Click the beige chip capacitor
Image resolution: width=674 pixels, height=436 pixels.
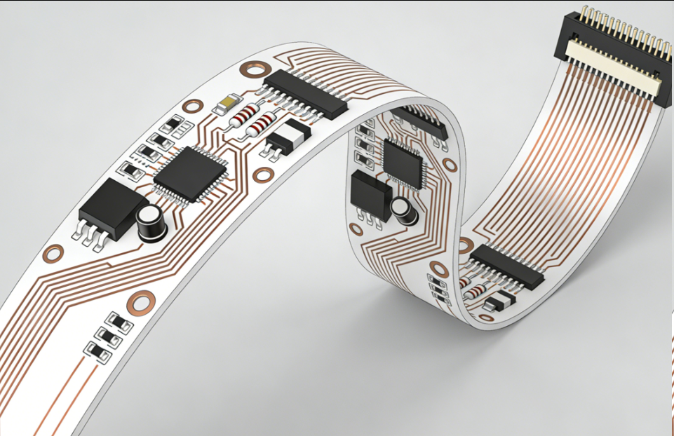[x=225, y=106]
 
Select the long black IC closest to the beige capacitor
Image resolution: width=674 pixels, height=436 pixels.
[x=304, y=93]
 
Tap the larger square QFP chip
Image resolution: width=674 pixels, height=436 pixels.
[x=190, y=173]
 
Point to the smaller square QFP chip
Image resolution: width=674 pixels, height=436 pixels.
[x=403, y=163]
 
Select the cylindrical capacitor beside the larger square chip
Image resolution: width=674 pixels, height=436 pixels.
[x=151, y=224]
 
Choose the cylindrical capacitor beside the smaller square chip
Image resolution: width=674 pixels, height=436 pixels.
[x=402, y=210]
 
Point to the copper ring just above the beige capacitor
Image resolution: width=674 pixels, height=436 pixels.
[x=192, y=106]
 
